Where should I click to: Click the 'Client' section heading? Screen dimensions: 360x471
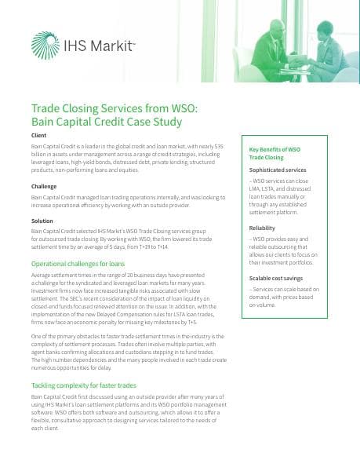(38, 136)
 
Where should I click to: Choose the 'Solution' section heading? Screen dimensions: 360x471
(42, 221)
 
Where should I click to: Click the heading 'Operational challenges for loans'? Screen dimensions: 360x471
(77, 264)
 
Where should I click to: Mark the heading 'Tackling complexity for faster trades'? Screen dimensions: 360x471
(84, 386)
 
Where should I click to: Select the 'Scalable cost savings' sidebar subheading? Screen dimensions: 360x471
(276, 278)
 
